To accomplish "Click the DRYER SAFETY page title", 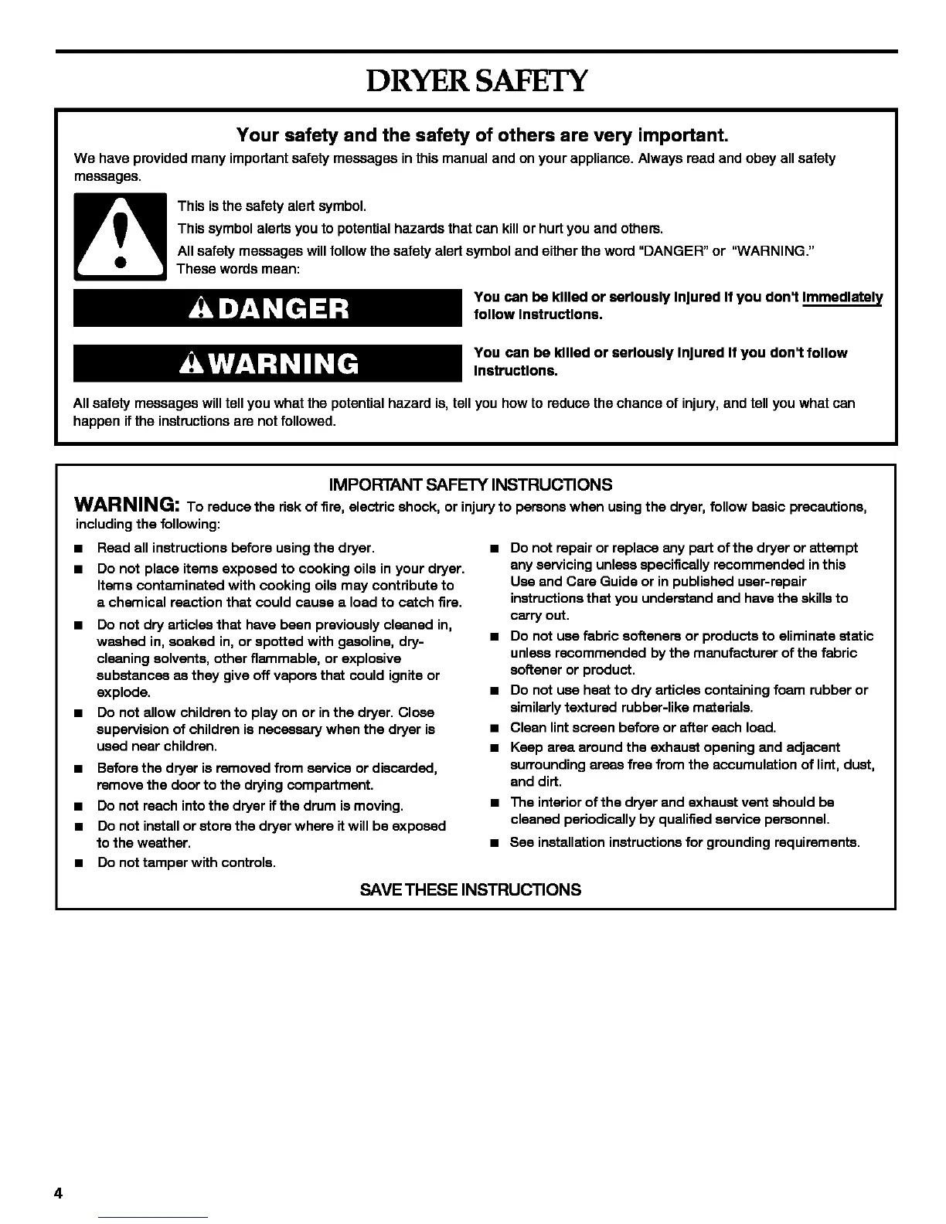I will point(477,80).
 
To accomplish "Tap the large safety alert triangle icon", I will point(120,236).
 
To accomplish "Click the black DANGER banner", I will point(267,308).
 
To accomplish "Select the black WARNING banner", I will point(267,363).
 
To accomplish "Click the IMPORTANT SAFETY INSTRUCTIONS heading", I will point(471,485).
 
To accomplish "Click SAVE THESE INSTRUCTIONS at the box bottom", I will point(471,889).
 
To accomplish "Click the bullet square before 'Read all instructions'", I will point(79,549).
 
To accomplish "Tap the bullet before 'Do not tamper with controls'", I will point(79,863).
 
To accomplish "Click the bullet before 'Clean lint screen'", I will point(493,728).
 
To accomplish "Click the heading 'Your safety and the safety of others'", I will point(483,136).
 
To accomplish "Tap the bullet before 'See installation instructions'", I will point(493,843).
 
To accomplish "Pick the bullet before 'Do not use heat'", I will point(493,691).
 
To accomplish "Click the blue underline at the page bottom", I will point(154,1217).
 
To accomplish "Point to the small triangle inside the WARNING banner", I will point(188,363).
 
